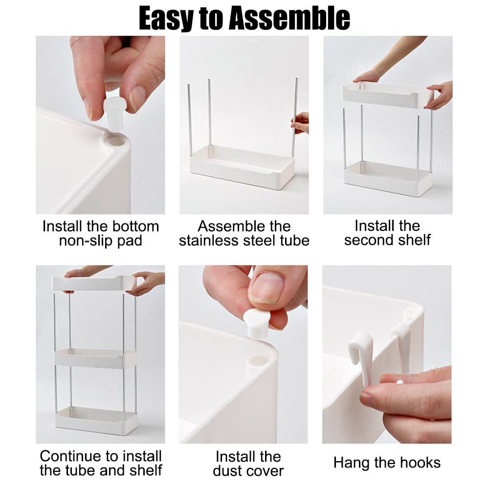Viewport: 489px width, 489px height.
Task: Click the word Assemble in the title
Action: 289,19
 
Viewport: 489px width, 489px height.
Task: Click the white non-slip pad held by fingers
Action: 114,112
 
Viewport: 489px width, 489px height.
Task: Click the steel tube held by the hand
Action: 294,118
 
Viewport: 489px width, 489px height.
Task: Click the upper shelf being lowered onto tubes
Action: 388,95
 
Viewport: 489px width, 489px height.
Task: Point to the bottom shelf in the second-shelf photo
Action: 388,178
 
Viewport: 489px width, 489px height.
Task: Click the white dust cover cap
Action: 256,324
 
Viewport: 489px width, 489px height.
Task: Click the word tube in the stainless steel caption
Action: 294,241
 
